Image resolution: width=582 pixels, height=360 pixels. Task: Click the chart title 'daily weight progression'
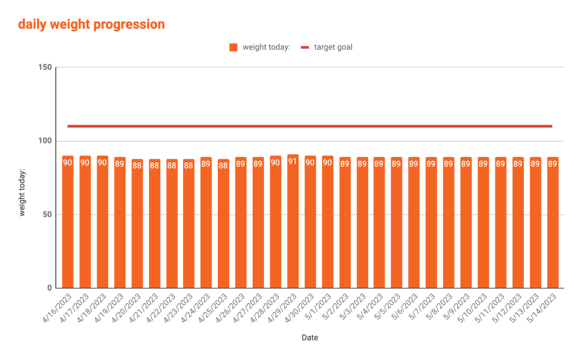click(x=92, y=24)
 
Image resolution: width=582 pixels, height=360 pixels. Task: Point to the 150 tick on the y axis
click(x=46, y=68)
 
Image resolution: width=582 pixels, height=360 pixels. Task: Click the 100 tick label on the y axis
click(x=46, y=141)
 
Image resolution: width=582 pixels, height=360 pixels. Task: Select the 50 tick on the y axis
click(x=48, y=214)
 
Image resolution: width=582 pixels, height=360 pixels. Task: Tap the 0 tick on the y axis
click(x=49, y=288)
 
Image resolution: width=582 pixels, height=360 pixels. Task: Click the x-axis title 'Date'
click(x=310, y=338)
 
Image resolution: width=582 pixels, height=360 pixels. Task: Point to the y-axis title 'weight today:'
click(x=23, y=192)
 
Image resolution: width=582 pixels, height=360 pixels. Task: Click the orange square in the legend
click(x=233, y=47)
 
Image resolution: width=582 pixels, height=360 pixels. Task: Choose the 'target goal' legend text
click(x=333, y=47)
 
